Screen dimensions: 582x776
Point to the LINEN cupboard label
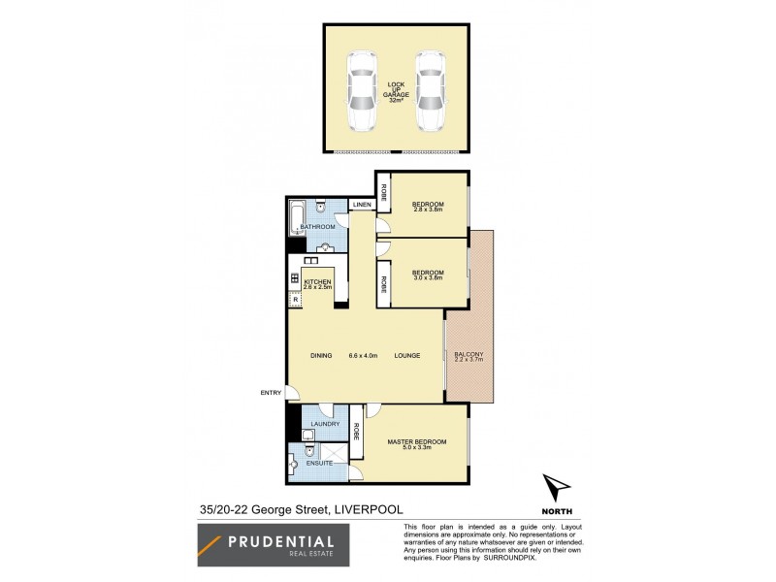pos(362,206)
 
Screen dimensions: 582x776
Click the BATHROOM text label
pos(317,227)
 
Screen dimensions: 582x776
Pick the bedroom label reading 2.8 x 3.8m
pos(427,207)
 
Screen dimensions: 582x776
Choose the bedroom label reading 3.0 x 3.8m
pos(427,275)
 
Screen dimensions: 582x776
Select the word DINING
pos(322,356)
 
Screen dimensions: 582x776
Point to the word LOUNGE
pos(407,356)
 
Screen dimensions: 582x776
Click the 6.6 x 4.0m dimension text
pos(365,356)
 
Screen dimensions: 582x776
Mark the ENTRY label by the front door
pos(270,392)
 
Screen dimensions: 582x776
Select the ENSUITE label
pos(319,465)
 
